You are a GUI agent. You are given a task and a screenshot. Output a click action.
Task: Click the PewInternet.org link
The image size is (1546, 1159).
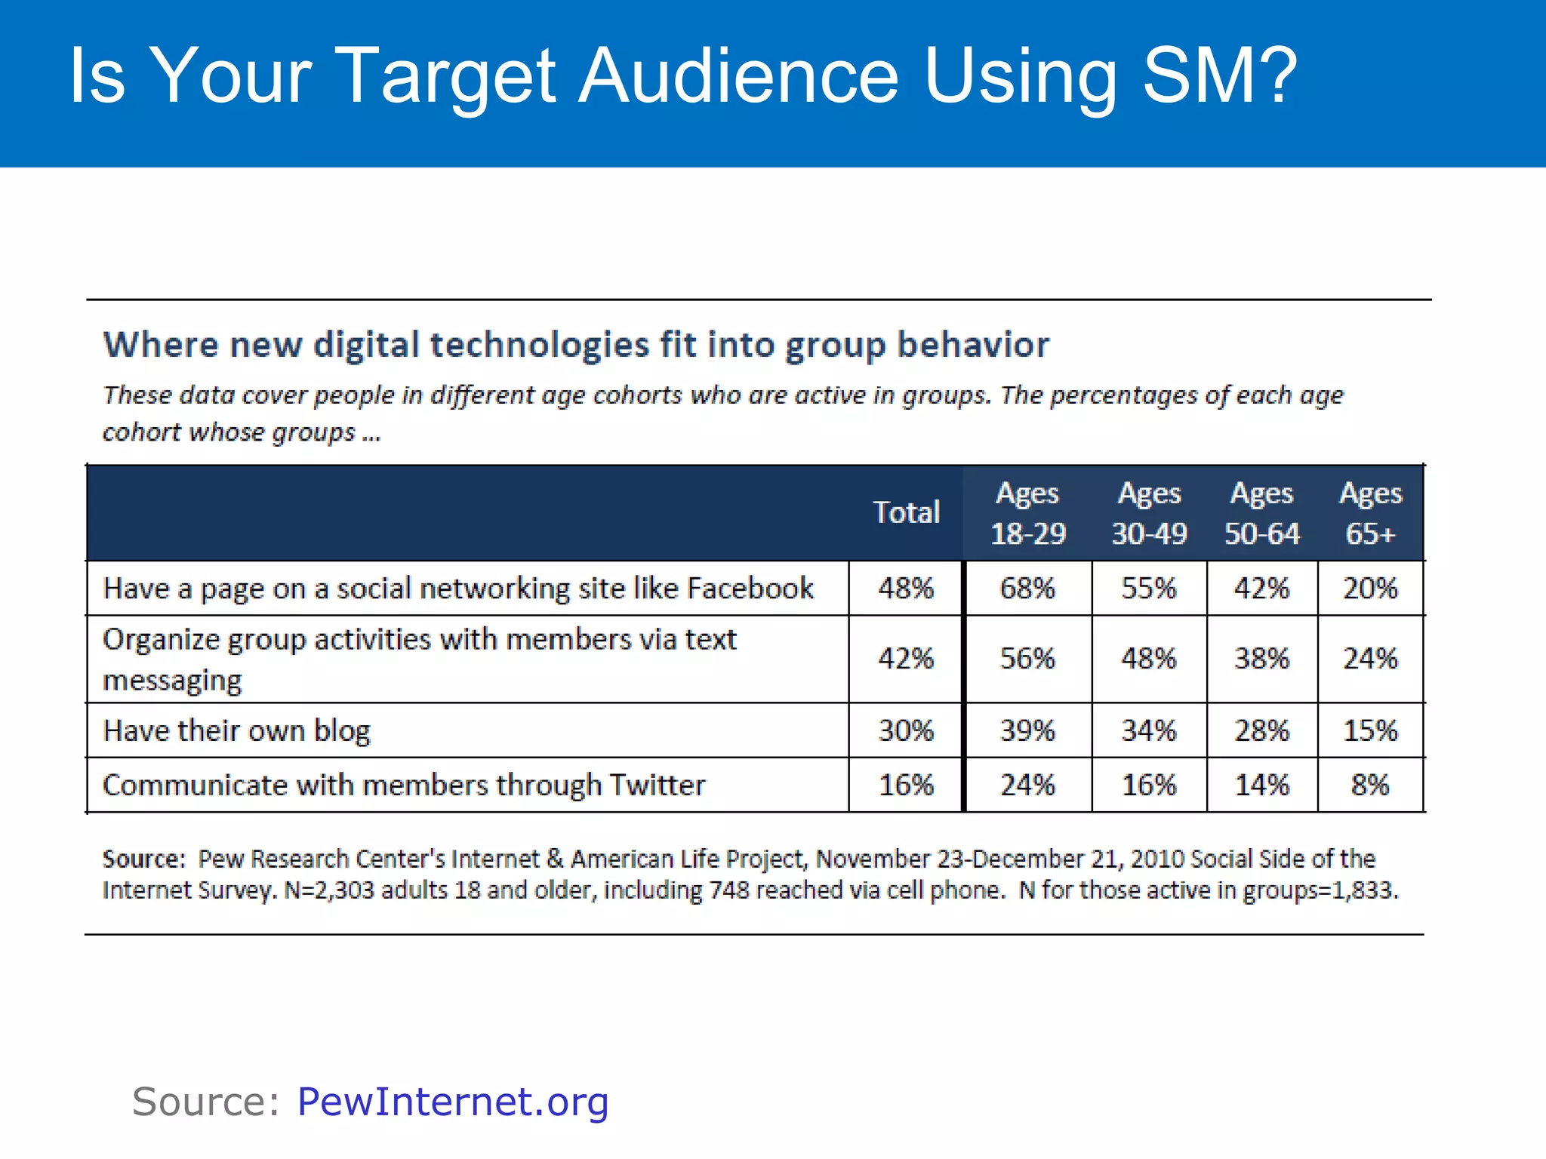click(x=453, y=1102)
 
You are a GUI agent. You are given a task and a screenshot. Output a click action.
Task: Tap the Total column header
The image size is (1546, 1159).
click(x=906, y=512)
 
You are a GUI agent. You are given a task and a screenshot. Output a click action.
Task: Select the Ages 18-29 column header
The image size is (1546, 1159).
click(x=1027, y=513)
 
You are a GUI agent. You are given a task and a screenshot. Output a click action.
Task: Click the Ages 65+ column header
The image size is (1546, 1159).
click(x=1370, y=513)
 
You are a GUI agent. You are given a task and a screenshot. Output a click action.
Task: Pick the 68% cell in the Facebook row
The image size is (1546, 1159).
click(x=1027, y=588)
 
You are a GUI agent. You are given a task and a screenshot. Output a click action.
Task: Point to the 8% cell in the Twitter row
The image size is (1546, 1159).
click(x=1370, y=785)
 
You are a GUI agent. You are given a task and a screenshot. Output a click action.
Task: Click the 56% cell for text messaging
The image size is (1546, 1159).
click(x=1027, y=659)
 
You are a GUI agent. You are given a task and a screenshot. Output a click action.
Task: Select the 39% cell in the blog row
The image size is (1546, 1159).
click(x=1027, y=730)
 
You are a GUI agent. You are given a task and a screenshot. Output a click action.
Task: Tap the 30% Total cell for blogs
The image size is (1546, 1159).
click(x=906, y=730)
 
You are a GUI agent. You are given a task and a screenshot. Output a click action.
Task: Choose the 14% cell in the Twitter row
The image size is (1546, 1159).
click(x=1261, y=785)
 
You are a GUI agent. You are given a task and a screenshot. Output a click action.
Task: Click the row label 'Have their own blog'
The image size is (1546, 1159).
click(x=236, y=730)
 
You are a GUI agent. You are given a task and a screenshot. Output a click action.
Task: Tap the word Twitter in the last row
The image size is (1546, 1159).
click(x=657, y=785)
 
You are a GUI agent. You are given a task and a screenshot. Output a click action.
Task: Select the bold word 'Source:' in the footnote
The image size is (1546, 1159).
click(x=143, y=859)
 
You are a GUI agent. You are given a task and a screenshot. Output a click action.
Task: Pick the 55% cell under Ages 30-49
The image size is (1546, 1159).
click(x=1148, y=588)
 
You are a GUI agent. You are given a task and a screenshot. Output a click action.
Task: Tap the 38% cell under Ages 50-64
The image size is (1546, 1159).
click(x=1261, y=659)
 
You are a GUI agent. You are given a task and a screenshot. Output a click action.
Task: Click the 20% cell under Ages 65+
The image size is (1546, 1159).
click(x=1370, y=588)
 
